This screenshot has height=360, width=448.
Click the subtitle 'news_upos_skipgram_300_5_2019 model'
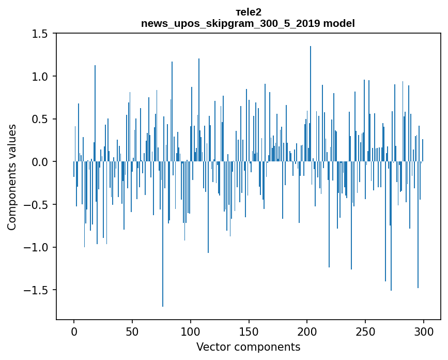click(248, 23)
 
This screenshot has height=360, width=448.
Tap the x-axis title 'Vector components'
click(248, 347)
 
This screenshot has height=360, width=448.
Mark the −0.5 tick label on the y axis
click(38, 205)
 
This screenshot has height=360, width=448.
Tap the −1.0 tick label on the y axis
click(38, 248)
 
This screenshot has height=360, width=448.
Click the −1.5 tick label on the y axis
click(38, 290)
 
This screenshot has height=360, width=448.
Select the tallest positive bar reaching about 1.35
click(311, 103)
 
